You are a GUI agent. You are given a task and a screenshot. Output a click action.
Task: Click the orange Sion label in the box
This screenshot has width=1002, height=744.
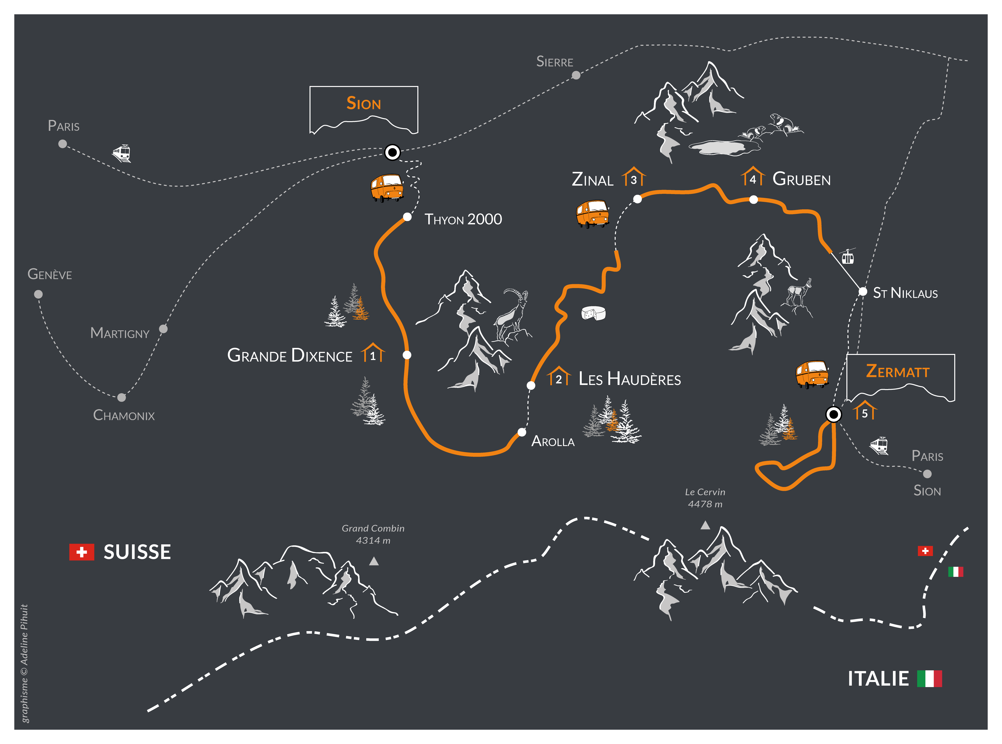click(364, 104)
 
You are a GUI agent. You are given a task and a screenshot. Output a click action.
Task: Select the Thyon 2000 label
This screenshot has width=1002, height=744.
click(463, 219)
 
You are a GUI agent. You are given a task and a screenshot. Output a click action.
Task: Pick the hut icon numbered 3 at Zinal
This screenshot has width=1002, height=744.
click(633, 177)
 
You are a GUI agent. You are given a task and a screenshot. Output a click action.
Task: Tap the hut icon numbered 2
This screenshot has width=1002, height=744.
click(559, 376)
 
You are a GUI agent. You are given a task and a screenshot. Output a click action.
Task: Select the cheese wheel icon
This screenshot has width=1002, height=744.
click(593, 313)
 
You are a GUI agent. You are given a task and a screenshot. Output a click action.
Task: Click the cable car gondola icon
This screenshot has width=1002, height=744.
click(848, 257)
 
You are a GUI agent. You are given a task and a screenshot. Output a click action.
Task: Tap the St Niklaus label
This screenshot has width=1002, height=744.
click(905, 293)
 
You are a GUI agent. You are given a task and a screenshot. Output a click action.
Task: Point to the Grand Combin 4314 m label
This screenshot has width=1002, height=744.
click(373, 534)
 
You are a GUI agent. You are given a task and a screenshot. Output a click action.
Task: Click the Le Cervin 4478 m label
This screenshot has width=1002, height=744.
click(705, 498)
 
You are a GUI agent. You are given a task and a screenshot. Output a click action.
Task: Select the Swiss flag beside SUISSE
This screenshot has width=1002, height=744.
click(81, 552)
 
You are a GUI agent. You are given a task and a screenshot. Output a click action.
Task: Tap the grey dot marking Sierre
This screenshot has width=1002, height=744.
click(576, 75)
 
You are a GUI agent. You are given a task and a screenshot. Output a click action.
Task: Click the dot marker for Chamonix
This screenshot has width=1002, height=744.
click(121, 397)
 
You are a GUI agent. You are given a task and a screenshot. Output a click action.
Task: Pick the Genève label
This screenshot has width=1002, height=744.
click(49, 274)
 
